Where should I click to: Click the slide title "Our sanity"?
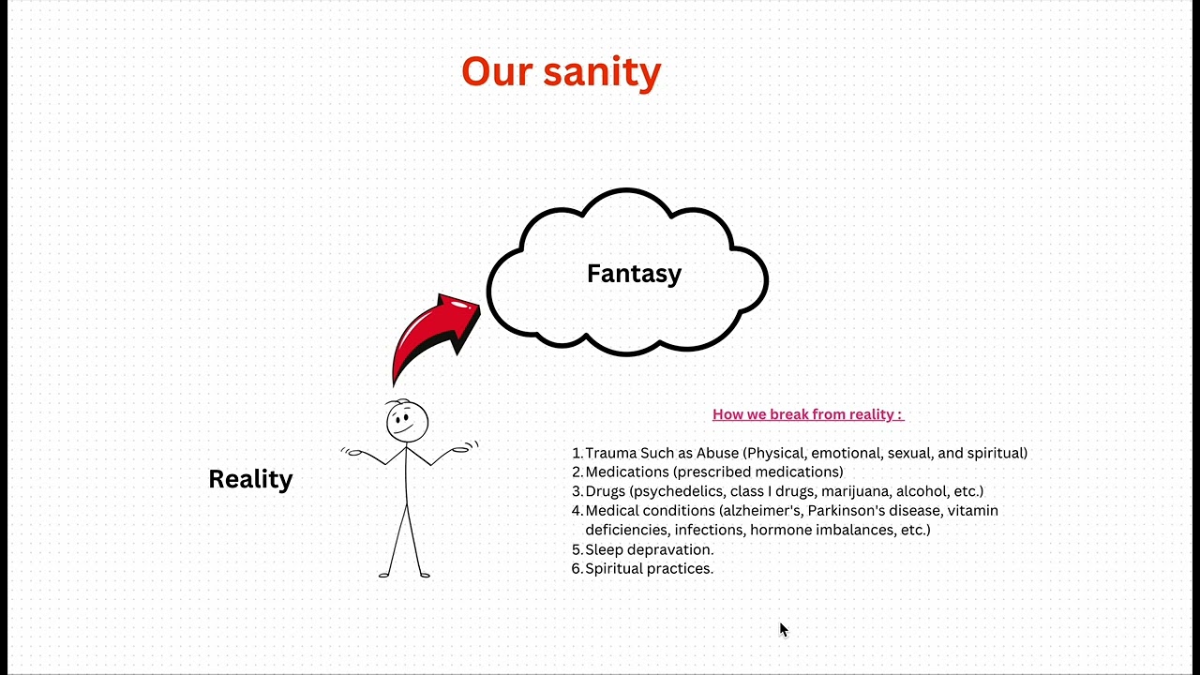point(561,71)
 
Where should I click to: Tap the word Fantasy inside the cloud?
point(634,274)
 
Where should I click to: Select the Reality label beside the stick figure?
point(250,479)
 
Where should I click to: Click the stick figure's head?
point(407,421)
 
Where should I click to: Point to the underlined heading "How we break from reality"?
point(807,414)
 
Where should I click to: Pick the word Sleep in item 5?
point(603,549)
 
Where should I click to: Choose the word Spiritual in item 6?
point(615,568)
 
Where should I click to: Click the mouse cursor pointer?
point(783,629)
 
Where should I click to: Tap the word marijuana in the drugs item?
point(855,491)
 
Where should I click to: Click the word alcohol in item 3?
point(922,491)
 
